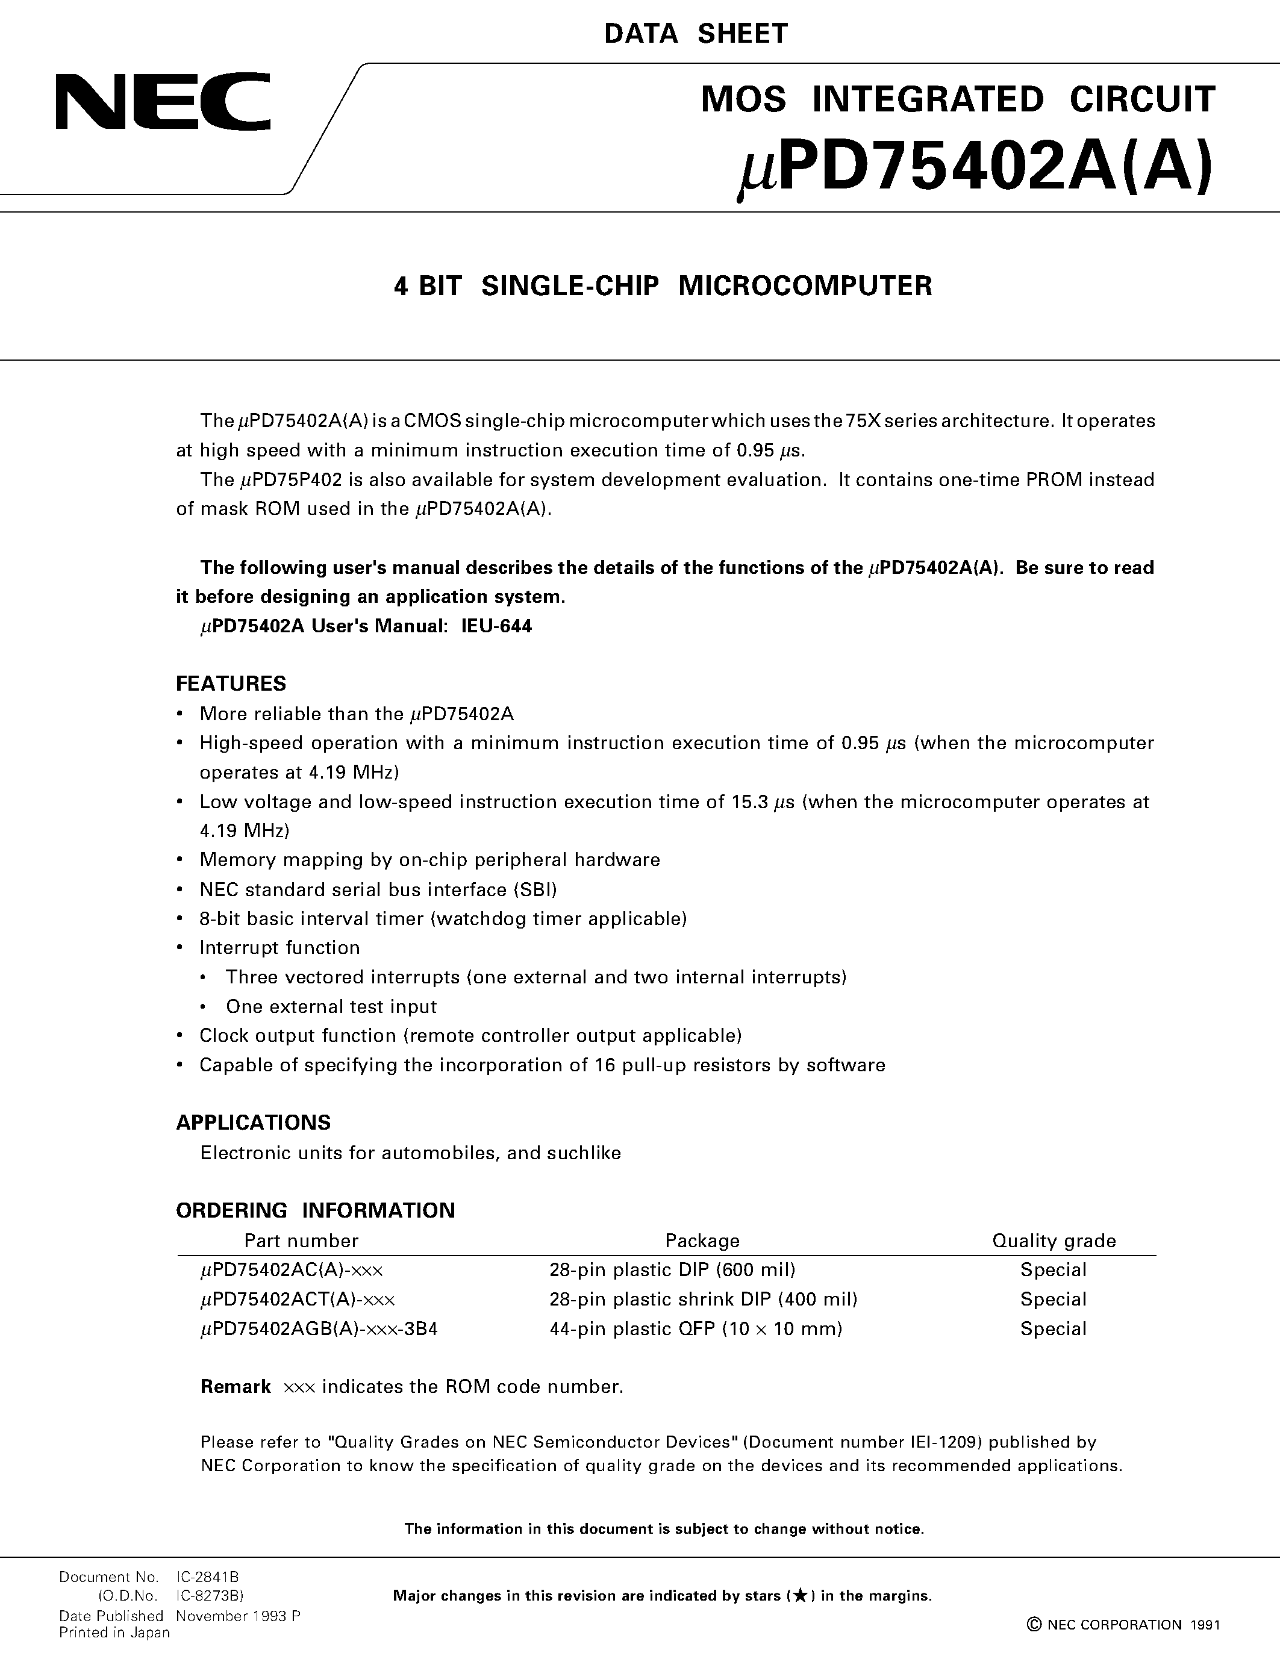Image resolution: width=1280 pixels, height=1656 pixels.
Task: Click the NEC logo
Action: [x=163, y=102]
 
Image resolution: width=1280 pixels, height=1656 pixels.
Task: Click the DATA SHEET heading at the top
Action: [x=696, y=34]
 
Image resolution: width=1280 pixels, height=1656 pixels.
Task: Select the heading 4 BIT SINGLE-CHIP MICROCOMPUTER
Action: [x=663, y=286]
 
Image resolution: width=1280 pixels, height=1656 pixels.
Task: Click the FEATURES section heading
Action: [x=231, y=683]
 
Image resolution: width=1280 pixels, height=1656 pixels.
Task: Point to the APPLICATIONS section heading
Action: [x=253, y=1122]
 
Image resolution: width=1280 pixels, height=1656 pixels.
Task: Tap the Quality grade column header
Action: [x=1054, y=1240]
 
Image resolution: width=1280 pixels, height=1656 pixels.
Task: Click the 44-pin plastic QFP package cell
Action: [x=695, y=1328]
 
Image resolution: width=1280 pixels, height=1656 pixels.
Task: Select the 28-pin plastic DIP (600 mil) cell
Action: [x=672, y=1269]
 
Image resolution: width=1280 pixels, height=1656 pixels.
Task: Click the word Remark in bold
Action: [x=235, y=1386]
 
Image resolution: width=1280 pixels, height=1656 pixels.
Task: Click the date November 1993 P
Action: [x=238, y=1616]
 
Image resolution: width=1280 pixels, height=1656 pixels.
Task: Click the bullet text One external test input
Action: [x=331, y=1006]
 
